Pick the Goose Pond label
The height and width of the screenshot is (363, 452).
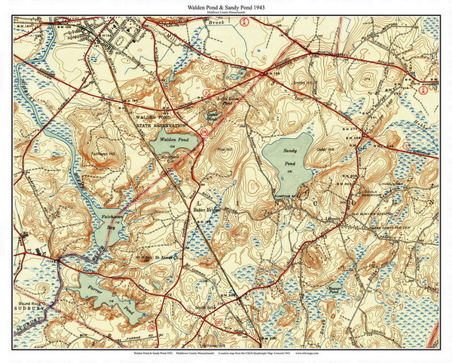pyautogui.click(x=212, y=115)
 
